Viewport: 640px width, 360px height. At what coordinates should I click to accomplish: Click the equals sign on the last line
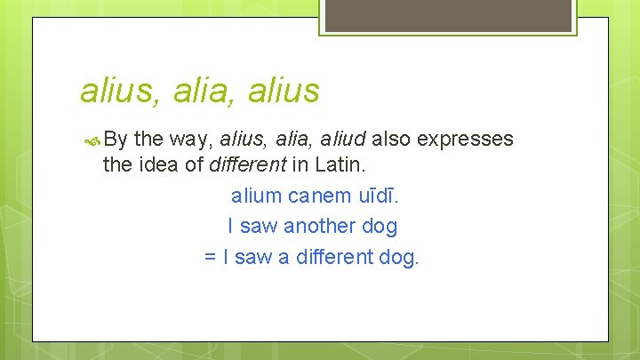[x=211, y=257]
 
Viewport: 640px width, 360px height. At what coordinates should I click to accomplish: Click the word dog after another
[x=380, y=226]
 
